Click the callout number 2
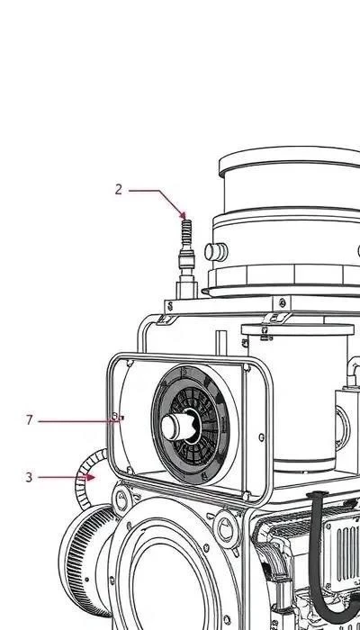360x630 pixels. click(118, 189)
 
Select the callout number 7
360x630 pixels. click(29, 420)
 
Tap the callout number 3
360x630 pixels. click(29, 477)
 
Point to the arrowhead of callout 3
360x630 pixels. click(90, 477)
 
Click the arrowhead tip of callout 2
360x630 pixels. click(184, 218)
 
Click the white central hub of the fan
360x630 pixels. click(176, 426)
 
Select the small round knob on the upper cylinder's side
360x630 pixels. click(216, 252)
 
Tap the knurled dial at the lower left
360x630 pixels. click(86, 560)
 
